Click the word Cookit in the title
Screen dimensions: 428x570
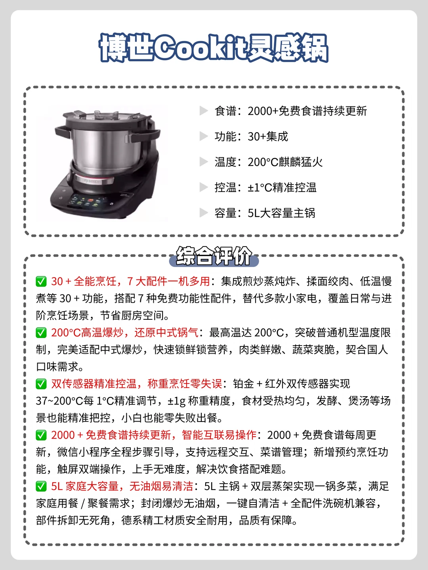click(201, 48)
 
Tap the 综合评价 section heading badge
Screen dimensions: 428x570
click(214, 256)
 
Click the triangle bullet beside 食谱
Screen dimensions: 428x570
click(203, 111)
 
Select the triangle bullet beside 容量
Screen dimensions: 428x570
click(203, 213)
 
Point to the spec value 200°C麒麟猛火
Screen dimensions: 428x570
click(285, 162)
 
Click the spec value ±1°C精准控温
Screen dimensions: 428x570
click(282, 188)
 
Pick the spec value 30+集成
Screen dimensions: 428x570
click(267, 136)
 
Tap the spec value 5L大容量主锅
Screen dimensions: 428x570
click(281, 213)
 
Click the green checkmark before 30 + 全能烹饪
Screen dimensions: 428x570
click(41, 281)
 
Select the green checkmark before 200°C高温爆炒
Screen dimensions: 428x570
click(41, 332)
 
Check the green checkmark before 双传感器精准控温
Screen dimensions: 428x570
click(41, 384)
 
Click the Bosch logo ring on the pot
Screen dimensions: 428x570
click(94, 180)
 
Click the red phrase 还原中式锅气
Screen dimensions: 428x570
click(166, 332)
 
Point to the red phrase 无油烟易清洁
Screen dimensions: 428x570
click(161, 486)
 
